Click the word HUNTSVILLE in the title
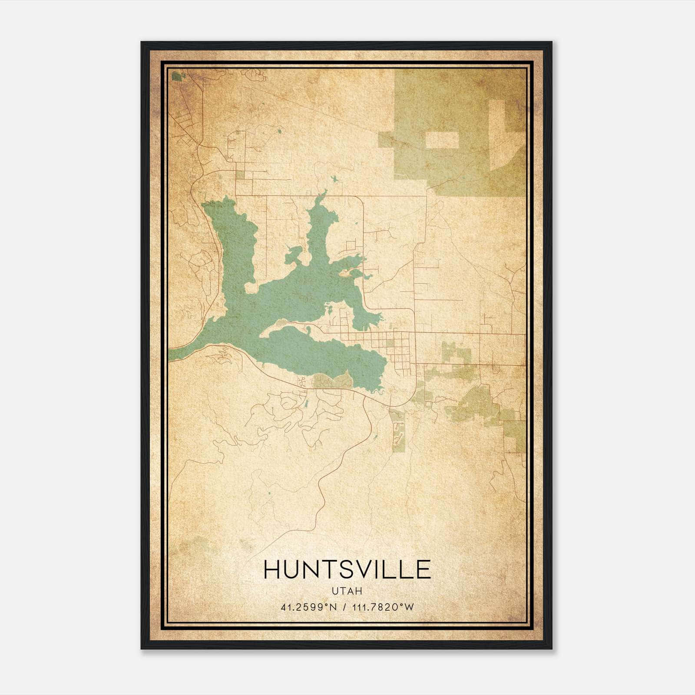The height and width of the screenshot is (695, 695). (x=347, y=569)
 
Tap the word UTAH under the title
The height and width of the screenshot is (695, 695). (x=347, y=591)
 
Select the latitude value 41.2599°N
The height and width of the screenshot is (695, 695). (x=309, y=607)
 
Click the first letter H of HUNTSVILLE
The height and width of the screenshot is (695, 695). (x=271, y=569)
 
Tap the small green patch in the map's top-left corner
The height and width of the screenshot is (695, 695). (x=176, y=76)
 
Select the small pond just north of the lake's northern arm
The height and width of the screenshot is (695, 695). (x=334, y=179)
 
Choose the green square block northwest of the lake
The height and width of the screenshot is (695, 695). (x=240, y=175)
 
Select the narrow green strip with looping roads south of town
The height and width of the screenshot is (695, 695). (x=398, y=430)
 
